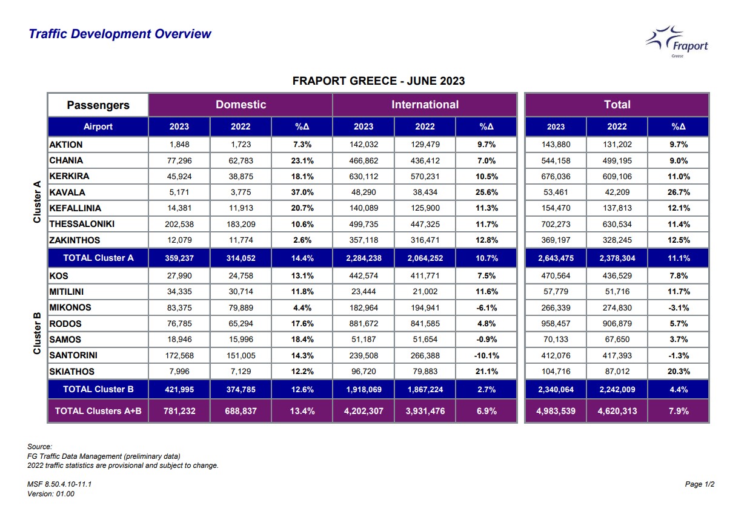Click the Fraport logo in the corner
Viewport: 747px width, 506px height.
677,42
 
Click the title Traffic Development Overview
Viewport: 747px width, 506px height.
120,34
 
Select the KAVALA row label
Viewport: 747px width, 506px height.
67,192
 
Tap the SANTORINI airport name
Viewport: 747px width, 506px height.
73,355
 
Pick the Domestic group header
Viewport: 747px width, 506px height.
241,105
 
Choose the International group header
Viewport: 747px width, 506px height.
425,105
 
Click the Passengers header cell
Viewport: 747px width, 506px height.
98,105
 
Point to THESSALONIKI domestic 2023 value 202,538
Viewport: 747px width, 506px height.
179,224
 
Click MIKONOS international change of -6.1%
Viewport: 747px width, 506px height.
486,307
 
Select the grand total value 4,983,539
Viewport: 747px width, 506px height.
556,411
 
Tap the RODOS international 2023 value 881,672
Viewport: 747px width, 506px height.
364,323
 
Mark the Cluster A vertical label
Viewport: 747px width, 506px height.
37,202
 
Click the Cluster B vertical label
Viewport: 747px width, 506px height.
37,333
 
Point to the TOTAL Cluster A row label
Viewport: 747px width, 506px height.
98,258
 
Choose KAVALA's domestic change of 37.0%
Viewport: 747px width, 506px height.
302,192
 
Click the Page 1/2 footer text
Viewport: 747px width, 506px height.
700,484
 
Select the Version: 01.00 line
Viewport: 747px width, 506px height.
51,494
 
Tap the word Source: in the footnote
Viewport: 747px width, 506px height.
40,446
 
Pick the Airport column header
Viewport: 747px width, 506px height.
98,126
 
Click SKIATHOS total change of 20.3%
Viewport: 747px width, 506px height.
679,372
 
